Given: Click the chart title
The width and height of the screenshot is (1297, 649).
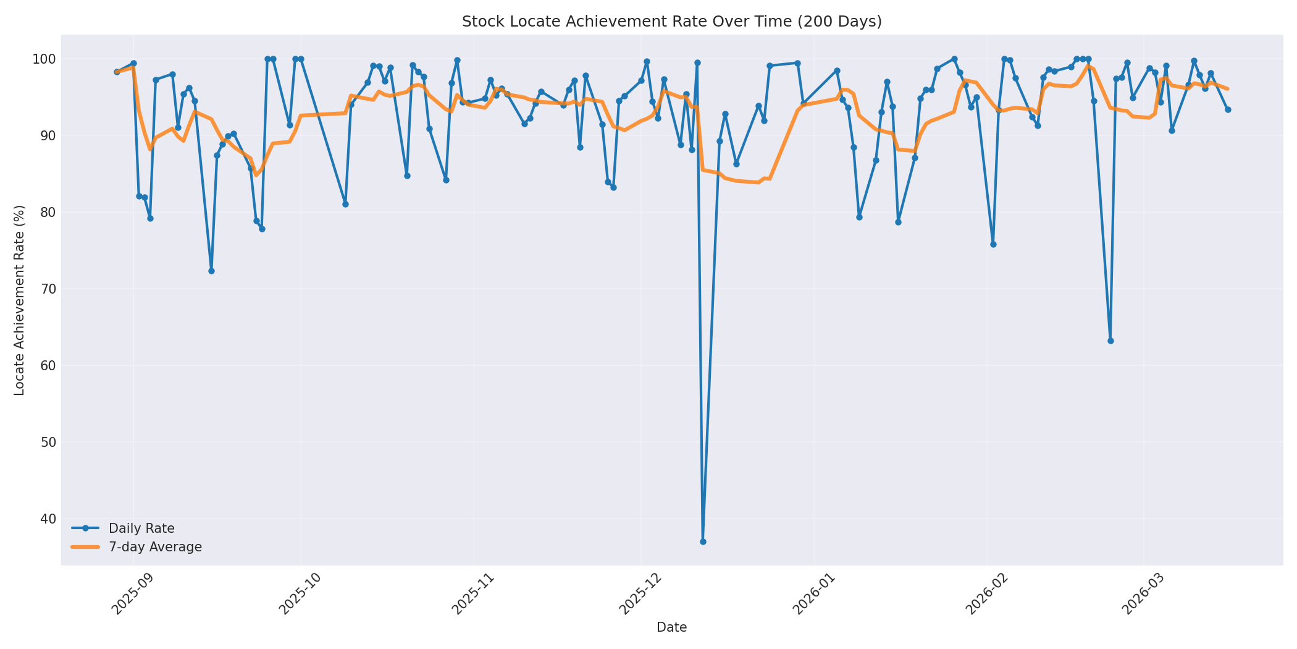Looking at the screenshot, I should pyautogui.click(x=671, y=22).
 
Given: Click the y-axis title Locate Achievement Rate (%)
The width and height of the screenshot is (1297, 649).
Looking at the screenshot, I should pyautogui.click(x=19, y=300).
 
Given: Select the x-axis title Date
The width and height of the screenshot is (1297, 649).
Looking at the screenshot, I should pyautogui.click(x=671, y=627).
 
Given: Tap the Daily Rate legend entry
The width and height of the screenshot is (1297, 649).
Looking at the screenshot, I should pyautogui.click(x=141, y=528).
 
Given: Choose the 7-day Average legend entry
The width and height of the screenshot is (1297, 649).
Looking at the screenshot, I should pyautogui.click(x=155, y=547).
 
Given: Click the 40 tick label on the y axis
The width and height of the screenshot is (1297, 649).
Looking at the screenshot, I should pyautogui.click(x=48, y=519).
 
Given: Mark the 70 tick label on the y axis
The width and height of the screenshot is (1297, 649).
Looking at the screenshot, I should pyautogui.click(x=48, y=289).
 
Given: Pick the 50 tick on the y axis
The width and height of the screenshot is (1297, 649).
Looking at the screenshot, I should pyautogui.click(x=48, y=442).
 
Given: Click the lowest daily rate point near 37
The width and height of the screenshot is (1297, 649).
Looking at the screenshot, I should pyautogui.click(x=703, y=541).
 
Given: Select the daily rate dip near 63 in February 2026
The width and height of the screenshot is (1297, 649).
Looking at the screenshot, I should pyautogui.click(x=1110, y=341).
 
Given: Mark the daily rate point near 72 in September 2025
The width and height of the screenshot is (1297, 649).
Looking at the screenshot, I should pyautogui.click(x=211, y=271).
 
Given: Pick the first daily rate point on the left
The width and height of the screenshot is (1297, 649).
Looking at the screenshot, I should pyautogui.click(x=117, y=72).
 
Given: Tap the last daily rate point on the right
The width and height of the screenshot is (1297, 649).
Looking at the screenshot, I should pyautogui.click(x=1228, y=109).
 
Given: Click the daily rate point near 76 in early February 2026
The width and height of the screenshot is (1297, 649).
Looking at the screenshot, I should pyautogui.click(x=993, y=244).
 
